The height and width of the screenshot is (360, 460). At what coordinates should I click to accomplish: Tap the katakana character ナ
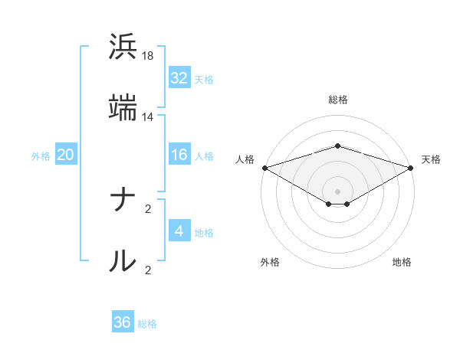point(123,201)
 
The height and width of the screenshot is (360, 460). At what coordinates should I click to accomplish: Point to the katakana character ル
point(123,261)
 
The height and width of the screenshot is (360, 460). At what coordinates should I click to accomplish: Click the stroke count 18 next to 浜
point(148,56)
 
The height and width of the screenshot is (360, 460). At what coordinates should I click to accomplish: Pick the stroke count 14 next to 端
point(148,117)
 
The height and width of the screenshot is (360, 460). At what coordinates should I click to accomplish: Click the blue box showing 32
point(179,78)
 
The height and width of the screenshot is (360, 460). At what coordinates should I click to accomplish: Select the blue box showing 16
point(179,155)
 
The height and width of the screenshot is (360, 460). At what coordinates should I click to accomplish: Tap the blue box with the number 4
point(179,231)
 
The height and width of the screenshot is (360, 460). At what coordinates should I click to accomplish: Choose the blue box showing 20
point(66,155)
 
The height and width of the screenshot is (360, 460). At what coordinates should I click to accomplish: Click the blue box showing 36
point(123,323)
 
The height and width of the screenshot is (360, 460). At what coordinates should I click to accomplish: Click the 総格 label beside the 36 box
point(147,324)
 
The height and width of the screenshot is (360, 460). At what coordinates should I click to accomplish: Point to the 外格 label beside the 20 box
point(41,156)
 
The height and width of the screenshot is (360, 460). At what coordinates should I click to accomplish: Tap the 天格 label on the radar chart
point(431,159)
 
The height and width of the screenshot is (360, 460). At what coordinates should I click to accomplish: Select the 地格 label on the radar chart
point(402,262)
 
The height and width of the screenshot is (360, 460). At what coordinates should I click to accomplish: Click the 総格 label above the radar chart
point(338,100)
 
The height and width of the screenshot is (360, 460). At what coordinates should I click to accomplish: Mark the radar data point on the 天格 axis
point(412,167)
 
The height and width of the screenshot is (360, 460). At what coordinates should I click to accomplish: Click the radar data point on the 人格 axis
point(264,167)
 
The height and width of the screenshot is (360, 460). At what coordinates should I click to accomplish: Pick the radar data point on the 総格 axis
point(338,146)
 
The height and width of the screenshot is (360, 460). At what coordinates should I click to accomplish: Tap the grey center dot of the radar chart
point(338,191)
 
